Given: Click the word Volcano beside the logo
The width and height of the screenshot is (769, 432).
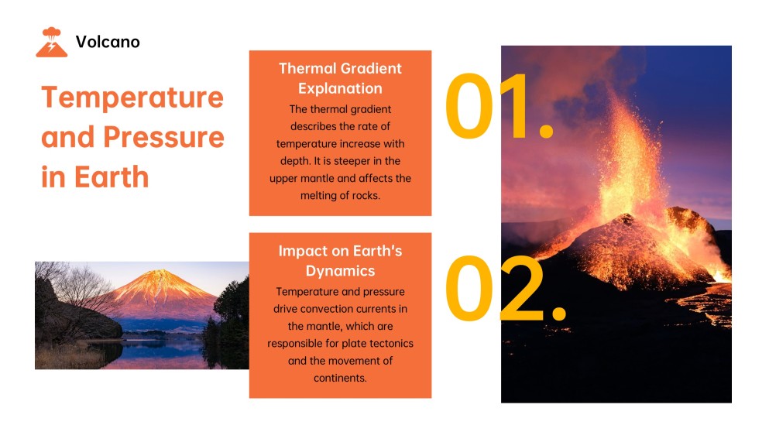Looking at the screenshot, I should click(108, 42).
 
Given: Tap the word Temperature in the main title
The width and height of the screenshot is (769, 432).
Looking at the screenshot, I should click(132, 98).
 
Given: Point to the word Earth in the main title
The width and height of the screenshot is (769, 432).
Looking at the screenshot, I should click(112, 177).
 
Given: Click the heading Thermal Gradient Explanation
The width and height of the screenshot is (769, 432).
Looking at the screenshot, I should click(340, 77).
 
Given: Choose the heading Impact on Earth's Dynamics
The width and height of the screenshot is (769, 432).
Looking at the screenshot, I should click(340, 261).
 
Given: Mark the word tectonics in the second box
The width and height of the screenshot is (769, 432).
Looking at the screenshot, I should click(389, 343).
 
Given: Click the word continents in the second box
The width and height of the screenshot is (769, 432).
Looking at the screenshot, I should click(340, 378).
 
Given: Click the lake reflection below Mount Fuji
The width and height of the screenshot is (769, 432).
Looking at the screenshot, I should click(155, 352).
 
